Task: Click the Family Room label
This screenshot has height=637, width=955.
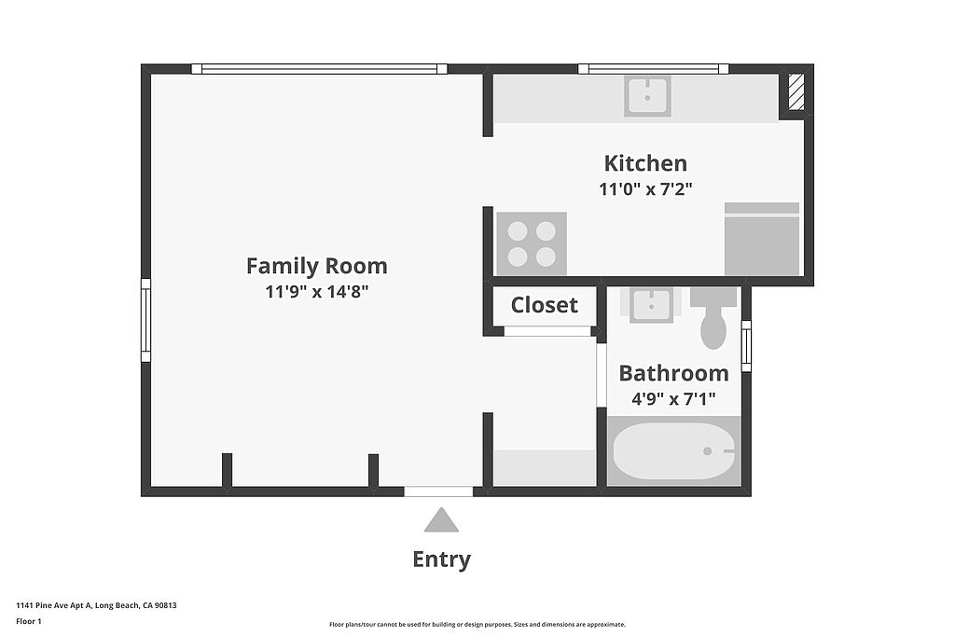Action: click(317, 266)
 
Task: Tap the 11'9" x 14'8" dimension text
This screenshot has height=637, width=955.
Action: click(317, 292)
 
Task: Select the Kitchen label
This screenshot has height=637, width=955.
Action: click(645, 163)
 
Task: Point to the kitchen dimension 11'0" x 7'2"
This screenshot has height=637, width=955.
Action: click(645, 188)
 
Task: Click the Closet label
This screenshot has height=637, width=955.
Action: click(544, 304)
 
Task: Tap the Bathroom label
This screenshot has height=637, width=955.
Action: click(673, 373)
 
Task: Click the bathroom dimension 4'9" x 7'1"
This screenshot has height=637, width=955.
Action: click(673, 399)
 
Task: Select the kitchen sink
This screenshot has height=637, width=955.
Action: click(647, 96)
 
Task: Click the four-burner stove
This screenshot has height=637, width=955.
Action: click(532, 243)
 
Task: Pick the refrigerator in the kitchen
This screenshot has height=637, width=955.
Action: click(762, 239)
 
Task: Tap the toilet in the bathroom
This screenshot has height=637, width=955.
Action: click(713, 318)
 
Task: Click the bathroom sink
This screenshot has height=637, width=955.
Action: click(651, 305)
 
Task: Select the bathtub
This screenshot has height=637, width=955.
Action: click(673, 451)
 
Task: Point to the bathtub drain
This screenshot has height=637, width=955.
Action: click(707, 451)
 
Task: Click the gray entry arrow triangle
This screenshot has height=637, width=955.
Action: click(441, 519)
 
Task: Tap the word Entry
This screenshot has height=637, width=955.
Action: click(441, 559)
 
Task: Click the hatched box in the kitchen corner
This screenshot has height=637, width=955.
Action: click(796, 92)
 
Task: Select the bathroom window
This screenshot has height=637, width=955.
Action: click(746, 346)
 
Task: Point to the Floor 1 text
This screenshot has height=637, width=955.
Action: click(29, 621)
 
